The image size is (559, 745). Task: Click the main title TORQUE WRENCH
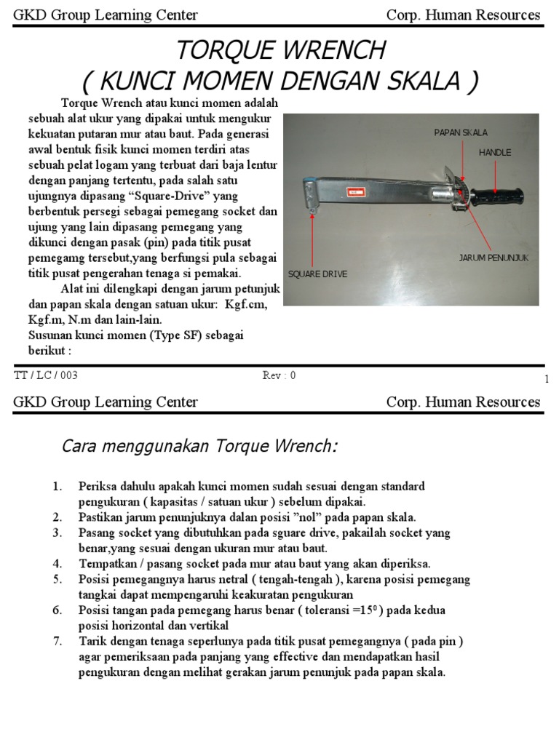(x=279, y=50)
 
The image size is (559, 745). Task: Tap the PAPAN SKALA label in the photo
(x=461, y=132)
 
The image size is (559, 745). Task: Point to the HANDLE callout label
(x=495, y=153)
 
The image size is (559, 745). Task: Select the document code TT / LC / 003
(x=46, y=375)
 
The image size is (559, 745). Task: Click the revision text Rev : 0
(x=279, y=375)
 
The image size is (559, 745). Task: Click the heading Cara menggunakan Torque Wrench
(x=199, y=446)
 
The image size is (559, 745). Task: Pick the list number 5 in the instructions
(x=58, y=579)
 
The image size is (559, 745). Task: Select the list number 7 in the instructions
(x=58, y=641)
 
